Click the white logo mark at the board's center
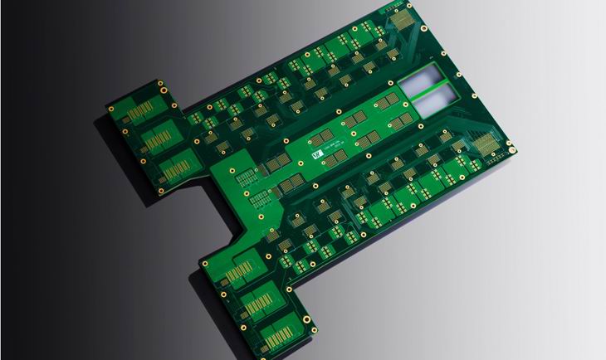[x=316, y=153]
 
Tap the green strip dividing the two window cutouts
[x=429, y=91]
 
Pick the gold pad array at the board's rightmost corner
[x=490, y=143]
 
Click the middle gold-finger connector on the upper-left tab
[x=156, y=136]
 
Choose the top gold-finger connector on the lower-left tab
[x=238, y=272]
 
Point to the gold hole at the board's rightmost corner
[x=511, y=150]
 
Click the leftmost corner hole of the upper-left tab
[x=110, y=107]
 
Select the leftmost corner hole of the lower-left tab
[x=203, y=264]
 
